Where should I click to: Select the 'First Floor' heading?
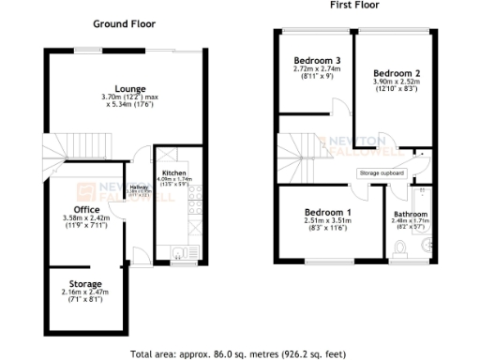click(x=354, y=6)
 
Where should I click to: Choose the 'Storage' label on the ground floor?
click(x=85, y=283)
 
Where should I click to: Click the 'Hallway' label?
click(x=140, y=187)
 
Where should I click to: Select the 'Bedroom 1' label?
click(x=327, y=212)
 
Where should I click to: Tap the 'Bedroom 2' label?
click(x=396, y=72)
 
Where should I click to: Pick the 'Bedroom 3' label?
click(x=315, y=61)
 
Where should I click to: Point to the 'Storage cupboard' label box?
click(x=381, y=173)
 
